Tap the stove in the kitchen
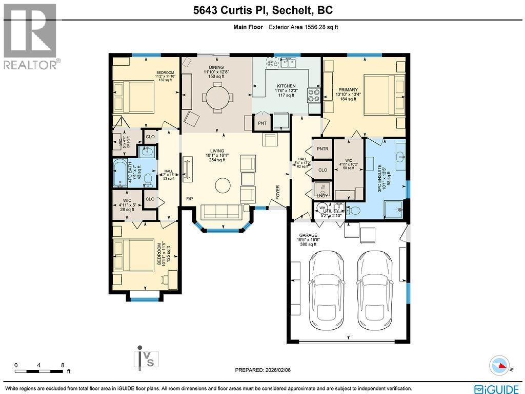pos(313,95)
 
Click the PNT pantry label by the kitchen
pos(262,123)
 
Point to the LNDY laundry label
pos(322,195)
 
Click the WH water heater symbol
pos(322,208)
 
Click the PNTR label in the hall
pos(322,149)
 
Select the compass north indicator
pos(500,365)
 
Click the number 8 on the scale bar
pos(63,365)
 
